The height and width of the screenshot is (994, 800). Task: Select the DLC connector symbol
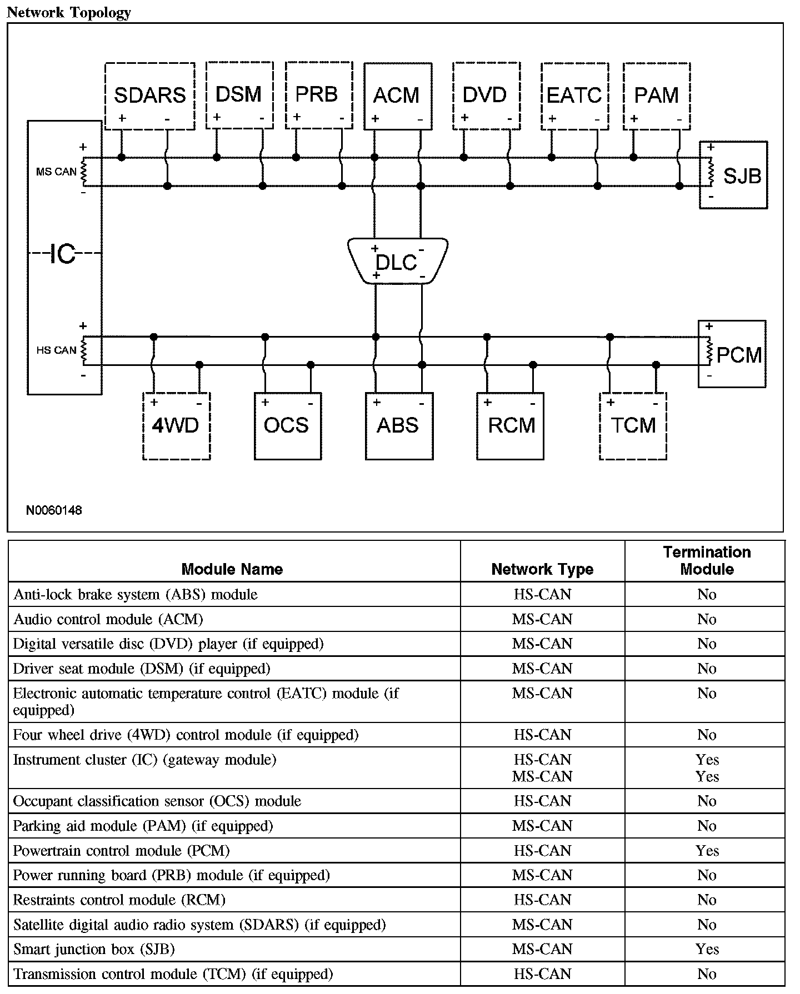398,261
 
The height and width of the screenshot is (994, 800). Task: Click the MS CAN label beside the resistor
56,172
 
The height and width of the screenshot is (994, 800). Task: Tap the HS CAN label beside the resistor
56,350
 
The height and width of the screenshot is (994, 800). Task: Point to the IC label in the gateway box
63,254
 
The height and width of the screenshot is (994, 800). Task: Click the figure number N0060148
54,510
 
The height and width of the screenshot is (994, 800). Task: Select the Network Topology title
69,12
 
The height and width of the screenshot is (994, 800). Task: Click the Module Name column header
232,569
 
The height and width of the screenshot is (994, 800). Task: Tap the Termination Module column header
707,561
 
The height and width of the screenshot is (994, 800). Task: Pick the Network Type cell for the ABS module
542,595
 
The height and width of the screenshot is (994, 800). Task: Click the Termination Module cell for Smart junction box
707,949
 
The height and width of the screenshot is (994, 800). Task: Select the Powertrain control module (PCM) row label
121,851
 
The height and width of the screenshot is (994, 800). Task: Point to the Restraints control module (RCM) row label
119,900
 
